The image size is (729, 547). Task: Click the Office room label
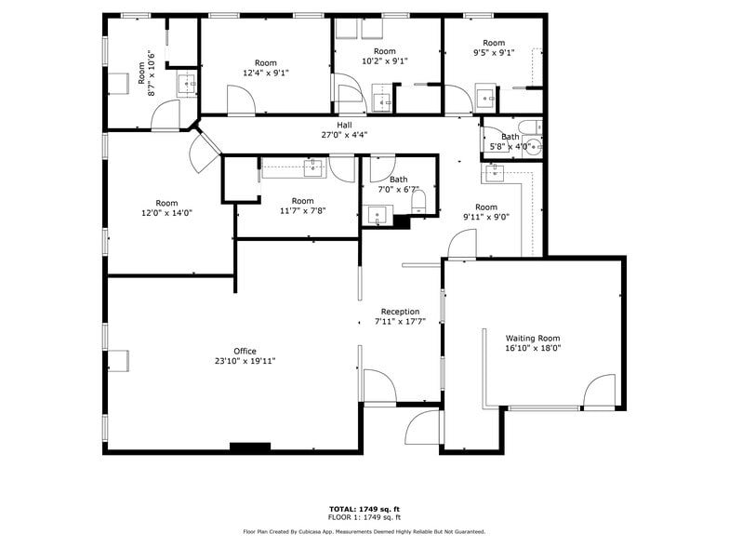coord(245,352)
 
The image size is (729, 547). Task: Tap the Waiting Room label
coord(533,339)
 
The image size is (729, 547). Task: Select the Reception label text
coord(400,312)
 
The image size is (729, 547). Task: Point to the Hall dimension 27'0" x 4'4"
coord(344,135)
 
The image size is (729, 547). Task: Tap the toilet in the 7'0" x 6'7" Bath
coord(418,203)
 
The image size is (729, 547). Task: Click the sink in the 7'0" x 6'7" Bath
coord(378,216)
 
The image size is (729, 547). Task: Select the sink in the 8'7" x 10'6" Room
coord(188,86)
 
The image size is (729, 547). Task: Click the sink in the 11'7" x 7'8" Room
coord(313,167)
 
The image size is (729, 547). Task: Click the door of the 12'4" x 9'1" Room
coord(241,100)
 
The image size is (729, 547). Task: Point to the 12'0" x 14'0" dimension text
coord(166,213)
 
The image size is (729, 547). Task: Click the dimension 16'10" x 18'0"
coord(533,348)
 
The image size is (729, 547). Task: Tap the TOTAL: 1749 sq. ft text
coord(364,509)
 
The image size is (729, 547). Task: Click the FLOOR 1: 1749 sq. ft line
coord(364,517)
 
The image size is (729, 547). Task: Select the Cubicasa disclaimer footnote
coord(364,531)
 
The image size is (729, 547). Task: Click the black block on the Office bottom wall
coord(250,447)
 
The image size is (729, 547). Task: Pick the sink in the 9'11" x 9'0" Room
coord(495,173)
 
